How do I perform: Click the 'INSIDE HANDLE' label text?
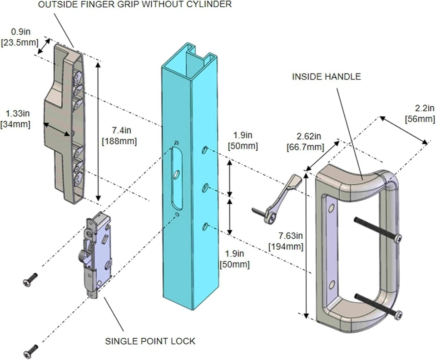[x=326, y=77]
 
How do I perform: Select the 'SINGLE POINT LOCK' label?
[x=150, y=341]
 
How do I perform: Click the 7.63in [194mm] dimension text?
[x=286, y=241]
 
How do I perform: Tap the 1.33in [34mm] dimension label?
[x=15, y=118]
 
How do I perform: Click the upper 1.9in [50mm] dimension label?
[x=245, y=141]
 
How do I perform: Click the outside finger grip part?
[x=64, y=123]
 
